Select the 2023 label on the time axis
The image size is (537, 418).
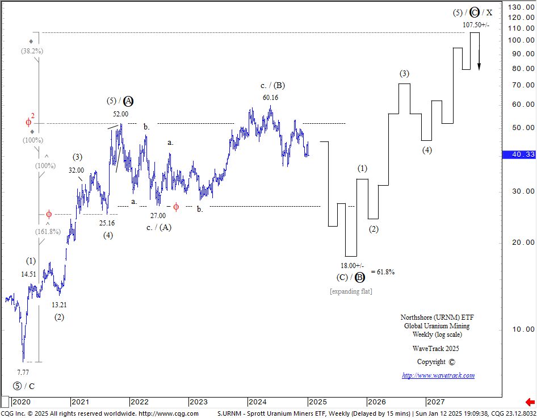(x=198, y=402)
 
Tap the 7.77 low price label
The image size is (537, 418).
(x=23, y=373)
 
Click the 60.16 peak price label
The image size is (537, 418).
(x=270, y=98)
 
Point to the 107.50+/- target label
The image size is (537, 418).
(x=476, y=25)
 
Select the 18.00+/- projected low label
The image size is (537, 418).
(x=352, y=265)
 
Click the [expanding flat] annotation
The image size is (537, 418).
(x=351, y=291)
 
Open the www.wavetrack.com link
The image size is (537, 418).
(x=438, y=375)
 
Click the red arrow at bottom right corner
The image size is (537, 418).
(x=530, y=402)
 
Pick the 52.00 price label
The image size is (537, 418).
(x=120, y=114)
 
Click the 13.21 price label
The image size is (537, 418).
(x=59, y=305)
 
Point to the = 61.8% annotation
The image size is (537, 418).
(x=383, y=272)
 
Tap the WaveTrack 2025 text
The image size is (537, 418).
(x=435, y=348)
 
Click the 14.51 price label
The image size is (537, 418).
(x=29, y=274)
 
